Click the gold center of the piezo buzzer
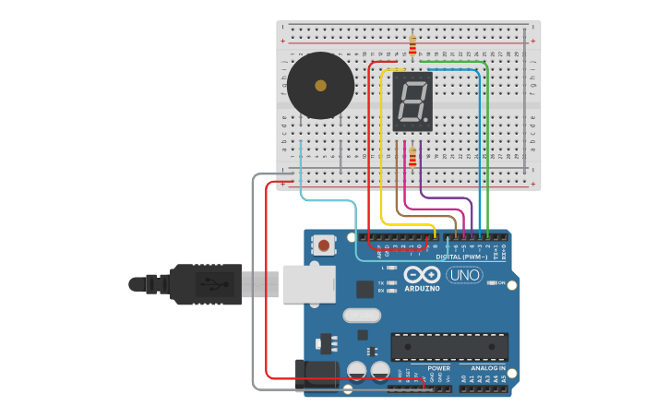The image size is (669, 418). [320, 86]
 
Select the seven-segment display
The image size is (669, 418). [412, 102]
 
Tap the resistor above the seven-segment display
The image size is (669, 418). [412, 45]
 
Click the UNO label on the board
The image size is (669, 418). [464, 275]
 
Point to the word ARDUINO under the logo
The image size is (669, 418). [422, 289]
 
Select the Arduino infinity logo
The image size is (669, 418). [422, 275]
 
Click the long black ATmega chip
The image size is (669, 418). [449, 347]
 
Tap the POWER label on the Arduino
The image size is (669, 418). [439, 368]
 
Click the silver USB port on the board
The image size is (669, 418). [308, 284]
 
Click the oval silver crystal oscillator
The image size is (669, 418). [362, 316]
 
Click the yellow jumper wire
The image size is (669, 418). [382, 148]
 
